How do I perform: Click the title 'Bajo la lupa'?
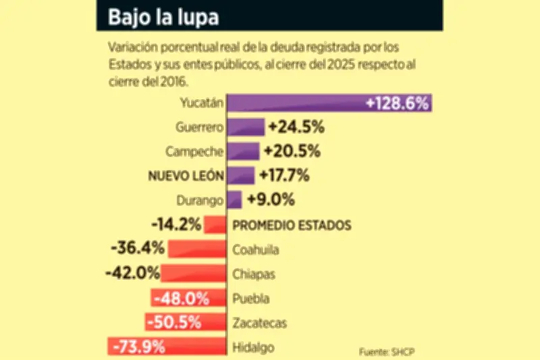pos(163,17)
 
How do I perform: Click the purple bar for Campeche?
pos(243,151)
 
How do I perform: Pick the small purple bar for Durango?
pos(234,200)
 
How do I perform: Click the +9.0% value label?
pos(271,200)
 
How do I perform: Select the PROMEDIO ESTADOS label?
pos(292,225)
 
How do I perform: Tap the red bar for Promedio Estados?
pos(215,225)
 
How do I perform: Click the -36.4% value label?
pos(138,248)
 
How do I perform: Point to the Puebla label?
pos(251,298)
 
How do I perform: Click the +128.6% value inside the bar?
pos(397,103)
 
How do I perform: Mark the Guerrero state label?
pos(200,127)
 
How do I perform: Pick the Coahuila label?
pos(256,249)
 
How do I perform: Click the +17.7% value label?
pos(286,176)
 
